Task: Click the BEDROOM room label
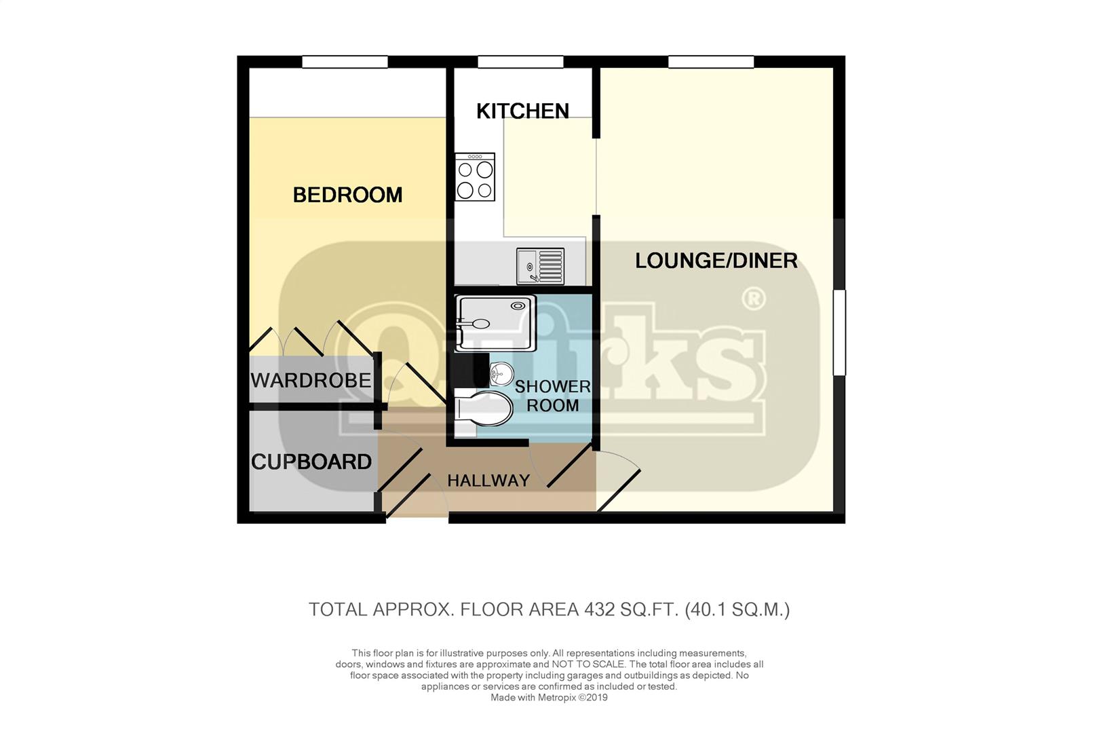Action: click(x=347, y=195)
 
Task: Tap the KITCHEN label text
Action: click(x=522, y=111)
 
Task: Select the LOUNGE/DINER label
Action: click(x=716, y=261)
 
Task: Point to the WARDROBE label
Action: click(x=311, y=381)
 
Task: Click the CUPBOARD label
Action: click(x=311, y=462)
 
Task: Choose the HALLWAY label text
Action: click(x=488, y=481)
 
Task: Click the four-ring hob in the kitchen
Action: click(x=474, y=176)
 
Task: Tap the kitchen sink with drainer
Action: click(x=540, y=266)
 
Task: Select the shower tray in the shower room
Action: click(x=495, y=323)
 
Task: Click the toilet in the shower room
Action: click(x=483, y=409)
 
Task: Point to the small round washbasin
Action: click(x=501, y=374)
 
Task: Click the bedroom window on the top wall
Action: click(x=345, y=62)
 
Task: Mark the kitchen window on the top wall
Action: click(x=520, y=62)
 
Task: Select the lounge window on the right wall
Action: click(x=839, y=333)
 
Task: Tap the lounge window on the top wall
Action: click(x=711, y=62)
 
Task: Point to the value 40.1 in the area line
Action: click(x=708, y=609)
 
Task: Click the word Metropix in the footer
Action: click(x=556, y=698)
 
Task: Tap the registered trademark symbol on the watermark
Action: click(x=754, y=299)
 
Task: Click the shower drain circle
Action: click(x=518, y=306)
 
